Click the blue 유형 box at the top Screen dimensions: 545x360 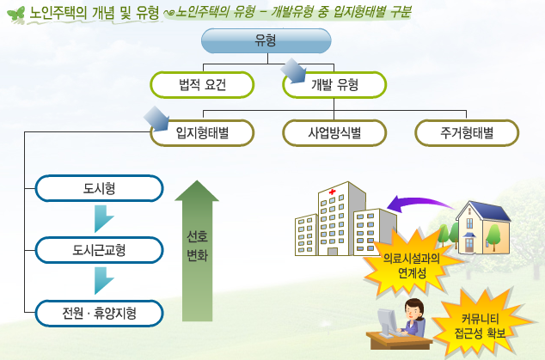click(x=266, y=40)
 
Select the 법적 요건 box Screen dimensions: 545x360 click(x=202, y=85)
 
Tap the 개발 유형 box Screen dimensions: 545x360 click(x=334, y=85)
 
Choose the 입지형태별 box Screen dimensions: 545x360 click(x=202, y=132)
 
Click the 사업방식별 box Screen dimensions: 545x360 click(x=334, y=132)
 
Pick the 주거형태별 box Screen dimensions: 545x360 click(x=467, y=132)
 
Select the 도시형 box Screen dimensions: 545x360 click(x=99, y=188)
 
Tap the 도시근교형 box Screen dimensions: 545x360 click(x=99, y=250)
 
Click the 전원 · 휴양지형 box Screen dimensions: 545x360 click(x=99, y=313)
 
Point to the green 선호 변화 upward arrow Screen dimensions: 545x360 click(x=197, y=251)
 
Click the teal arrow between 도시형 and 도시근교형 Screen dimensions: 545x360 click(x=102, y=218)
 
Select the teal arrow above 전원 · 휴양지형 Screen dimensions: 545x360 click(x=102, y=280)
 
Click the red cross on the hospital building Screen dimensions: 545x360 click(x=333, y=192)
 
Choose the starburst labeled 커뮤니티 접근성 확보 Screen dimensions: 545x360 click(x=481, y=325)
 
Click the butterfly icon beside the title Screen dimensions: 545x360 click(x=16, y=15)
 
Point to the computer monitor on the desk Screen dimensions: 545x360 click(x=387, y=321)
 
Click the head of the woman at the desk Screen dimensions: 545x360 click(x=414, y=308)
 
